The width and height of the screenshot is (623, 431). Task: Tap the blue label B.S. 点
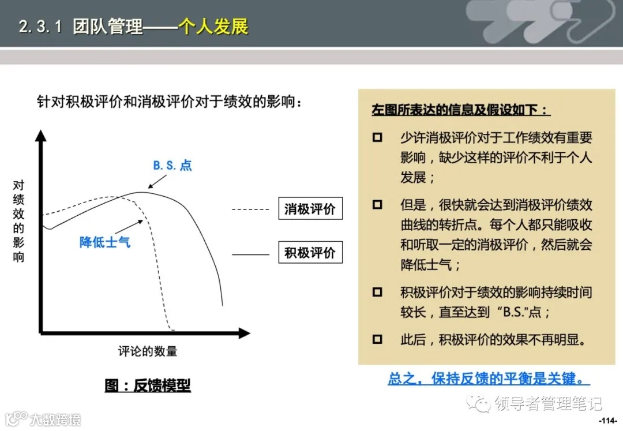pyautogui.click(x=172, y=166)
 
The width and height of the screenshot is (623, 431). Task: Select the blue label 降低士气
pyautogui.click(x=105, y=242)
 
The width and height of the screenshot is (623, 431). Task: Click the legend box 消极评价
pyautogui.click(x=310, y=209)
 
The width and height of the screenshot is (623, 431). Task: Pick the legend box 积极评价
pyautogui.click(x=310, y=253)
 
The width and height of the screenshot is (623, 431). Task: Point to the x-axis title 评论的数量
pyautogui.click(x=148, y=351)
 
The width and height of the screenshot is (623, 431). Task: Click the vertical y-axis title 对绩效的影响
pyautogui.click(x=19, y=221)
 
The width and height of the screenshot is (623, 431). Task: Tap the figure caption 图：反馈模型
pyautogui.click(x=148, y=385)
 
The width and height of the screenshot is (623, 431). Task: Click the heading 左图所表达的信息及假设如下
pyautogui.click(x=461, y=110)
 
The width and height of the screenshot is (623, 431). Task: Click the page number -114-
pyautogui.click(x=608, y=419)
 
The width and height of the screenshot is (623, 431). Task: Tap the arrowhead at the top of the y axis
pyautogui.click(x=40, y=136)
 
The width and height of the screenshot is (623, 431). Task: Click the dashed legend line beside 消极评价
pyautogui.click(x=250, y=209)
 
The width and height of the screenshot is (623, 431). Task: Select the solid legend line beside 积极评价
pyautogui.click(x=250, y=254)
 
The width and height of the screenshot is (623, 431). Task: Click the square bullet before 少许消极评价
pyautogui.click(x=377, y=138)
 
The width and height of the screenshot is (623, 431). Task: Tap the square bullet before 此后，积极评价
pyautogui.click(x=377, y=339)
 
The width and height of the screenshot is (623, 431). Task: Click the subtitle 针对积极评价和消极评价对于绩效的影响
pyautogui.click(x=170, y=102)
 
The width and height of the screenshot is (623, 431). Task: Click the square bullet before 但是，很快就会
pyautogui.click(x=377, y=204)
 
